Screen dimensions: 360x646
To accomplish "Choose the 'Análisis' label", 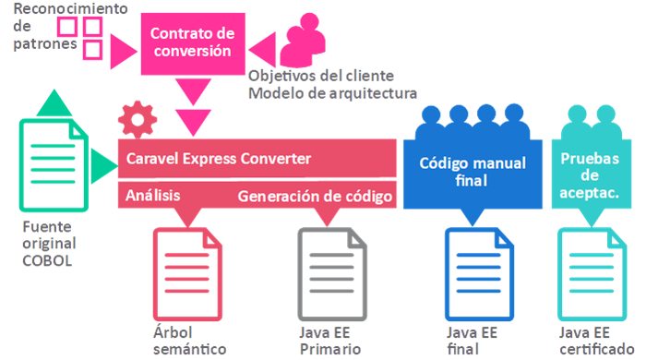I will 152,196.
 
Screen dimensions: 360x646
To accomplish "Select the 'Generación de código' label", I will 316,196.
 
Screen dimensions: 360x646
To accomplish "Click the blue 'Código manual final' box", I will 473,172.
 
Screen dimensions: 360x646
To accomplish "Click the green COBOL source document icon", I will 54,166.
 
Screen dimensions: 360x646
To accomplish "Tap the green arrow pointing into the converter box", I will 102,166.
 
